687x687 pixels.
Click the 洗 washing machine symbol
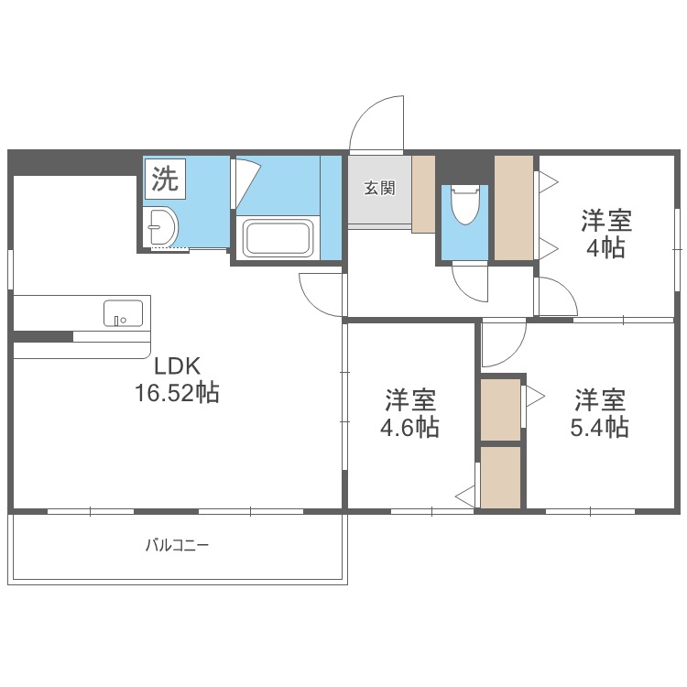[165, 179]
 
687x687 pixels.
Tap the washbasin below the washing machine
[163, 226]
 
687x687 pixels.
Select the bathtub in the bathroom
[278, 238]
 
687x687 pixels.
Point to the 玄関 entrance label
[379, 189]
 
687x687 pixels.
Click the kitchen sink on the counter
[123, 311]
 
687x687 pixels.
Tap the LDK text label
[177, 366]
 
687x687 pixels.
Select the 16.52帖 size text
[177, 394]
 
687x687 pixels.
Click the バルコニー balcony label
[178, 546]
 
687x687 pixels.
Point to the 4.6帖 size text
[409, 427]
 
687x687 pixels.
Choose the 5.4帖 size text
[600, 427]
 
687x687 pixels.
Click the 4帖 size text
[605, 247]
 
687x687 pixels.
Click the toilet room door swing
[472, 283]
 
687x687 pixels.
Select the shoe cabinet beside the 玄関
[423, 194]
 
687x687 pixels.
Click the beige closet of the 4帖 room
[514, 208]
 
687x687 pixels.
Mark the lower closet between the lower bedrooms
[500, 475]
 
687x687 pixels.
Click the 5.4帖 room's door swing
[502, 343]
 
